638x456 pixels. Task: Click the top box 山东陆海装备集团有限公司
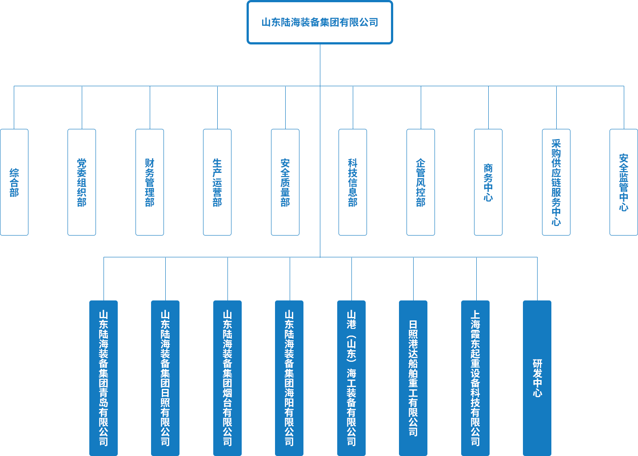tap(320, 22)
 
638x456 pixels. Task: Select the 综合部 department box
tap(14, 182)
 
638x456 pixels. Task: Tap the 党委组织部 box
tap(82, 182)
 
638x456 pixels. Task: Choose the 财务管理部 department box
tap(150, 182)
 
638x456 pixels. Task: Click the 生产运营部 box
tap(217, 182)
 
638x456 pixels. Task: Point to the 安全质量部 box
tap(285, 182)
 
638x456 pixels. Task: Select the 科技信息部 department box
tap(353, 182)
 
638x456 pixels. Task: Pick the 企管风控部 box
tap(421, 182)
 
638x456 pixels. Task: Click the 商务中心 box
tap(488, 182)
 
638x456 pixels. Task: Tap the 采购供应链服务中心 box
tap(556, 182)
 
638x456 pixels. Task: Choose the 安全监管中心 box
tap(624, 182)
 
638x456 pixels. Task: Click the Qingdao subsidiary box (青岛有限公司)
tap(104, 378)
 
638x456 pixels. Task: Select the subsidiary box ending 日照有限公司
tap(165, 378)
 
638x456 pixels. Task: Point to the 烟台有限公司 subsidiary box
tap(227, 378)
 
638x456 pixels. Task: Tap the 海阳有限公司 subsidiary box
tap(289, 378)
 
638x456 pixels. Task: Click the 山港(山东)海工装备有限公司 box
tap(351, 378)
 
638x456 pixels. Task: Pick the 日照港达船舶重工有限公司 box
tap(413, 378)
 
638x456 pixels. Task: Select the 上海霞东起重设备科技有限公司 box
tap(475, 378)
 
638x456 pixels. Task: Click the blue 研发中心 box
tap(537, 378)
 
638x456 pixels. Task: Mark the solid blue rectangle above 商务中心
tap(539, 107)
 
